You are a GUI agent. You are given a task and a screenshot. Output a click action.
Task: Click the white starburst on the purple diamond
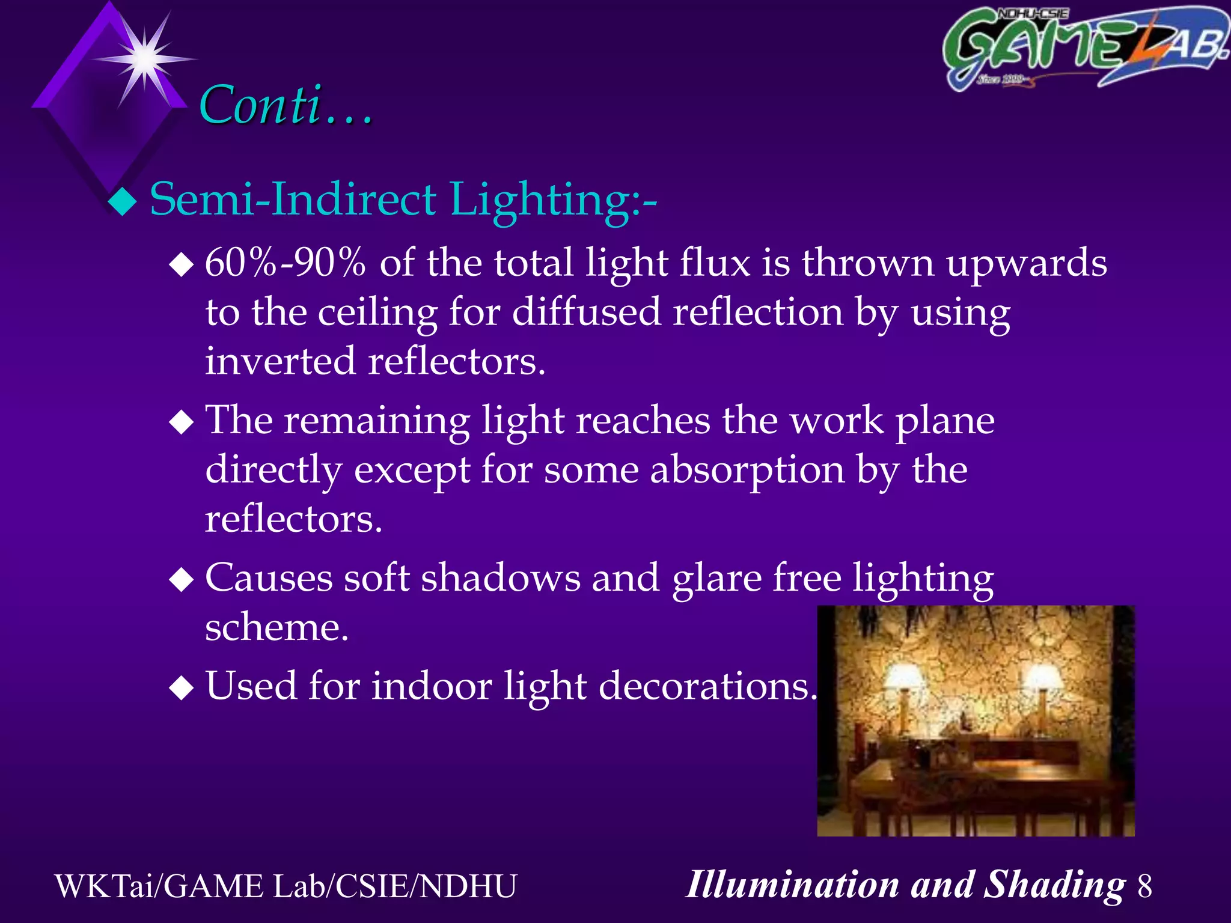point(145,59)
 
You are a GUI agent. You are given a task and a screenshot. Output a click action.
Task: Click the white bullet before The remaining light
point(181,422)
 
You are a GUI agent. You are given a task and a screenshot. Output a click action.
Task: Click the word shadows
point(500,578)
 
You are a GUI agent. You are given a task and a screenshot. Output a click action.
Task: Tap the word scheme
point(276,627)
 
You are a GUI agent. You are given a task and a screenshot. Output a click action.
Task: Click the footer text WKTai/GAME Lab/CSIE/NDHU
point(286,886)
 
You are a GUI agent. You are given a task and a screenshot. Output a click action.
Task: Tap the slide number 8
point(1144,886)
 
